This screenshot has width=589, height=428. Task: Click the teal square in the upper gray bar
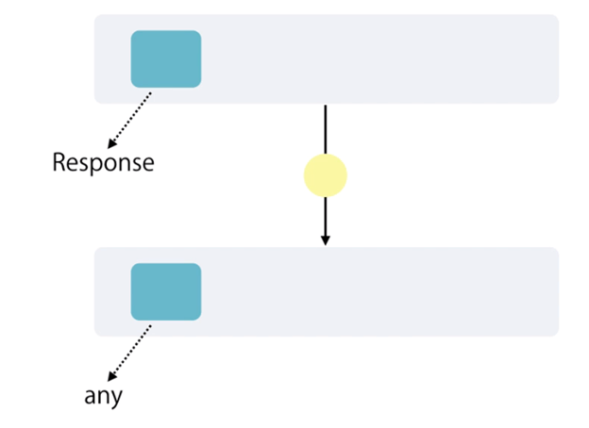[x=166, y=58]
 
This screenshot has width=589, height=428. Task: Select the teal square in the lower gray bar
[x=166, y=291]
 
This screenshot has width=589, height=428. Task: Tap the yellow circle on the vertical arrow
[x=326, y=175]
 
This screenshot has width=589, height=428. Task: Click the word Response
[x=103, y=163]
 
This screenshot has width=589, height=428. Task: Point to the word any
[x=104, y=396]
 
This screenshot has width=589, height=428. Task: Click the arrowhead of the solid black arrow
[x=326, y=240]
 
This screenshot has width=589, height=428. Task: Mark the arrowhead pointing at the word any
[x=111, y=376]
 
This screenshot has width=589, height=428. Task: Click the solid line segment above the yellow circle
[x=326, y=129]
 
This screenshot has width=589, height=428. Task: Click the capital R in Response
[x=59, y=162]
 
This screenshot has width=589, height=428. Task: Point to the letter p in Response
[x=96, y=165]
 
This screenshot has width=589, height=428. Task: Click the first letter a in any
[x=91, y=397]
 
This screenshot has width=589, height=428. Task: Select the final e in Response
[x=147, y=164]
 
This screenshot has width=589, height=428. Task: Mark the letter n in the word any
[x=104, y=397]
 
